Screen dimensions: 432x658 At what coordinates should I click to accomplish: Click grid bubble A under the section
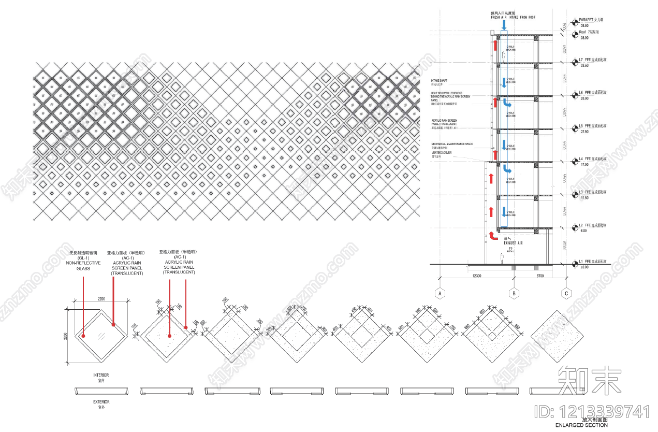point(441,293)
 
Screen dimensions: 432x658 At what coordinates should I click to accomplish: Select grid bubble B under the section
point(514,293)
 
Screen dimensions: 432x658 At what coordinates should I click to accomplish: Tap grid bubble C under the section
point(566,293)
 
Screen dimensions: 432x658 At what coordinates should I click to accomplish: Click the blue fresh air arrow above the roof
point(504,25)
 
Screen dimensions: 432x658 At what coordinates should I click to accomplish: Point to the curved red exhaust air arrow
point(490,236)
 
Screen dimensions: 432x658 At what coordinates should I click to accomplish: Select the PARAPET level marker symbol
point(575,22)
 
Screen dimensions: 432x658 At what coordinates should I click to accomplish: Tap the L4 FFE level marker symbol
point(575,161)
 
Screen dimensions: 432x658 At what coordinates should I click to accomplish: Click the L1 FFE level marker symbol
point(575,264)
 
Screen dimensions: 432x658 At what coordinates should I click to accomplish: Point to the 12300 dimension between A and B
point(477,276)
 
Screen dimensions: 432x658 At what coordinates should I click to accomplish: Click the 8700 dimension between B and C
point(540,276)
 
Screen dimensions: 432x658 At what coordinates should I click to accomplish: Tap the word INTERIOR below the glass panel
point(101,375)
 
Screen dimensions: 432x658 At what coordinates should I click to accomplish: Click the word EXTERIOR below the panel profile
point(101,401)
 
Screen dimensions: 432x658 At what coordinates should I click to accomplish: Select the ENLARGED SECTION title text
point(582,425)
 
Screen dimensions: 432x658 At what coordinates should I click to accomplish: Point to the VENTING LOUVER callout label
point(441,153)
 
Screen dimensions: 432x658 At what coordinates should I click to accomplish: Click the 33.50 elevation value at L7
point(584,65)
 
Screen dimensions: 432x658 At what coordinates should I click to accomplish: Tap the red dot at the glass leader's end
point(83,336)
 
